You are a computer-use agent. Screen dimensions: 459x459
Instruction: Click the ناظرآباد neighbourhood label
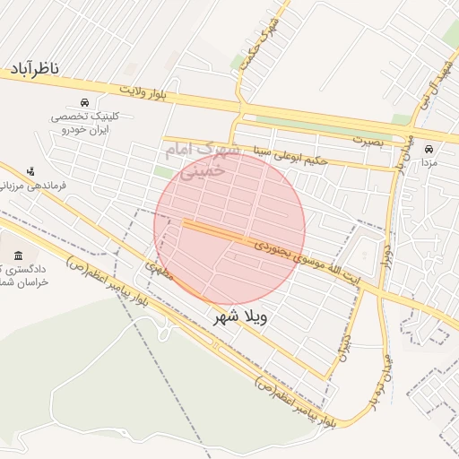[35, 69]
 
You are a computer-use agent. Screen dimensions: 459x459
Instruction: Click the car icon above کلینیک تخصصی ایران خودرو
[84, 102]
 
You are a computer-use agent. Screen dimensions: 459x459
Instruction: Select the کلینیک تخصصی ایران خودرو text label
[84, 124]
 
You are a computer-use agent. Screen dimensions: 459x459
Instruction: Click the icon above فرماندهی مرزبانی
[31, 170]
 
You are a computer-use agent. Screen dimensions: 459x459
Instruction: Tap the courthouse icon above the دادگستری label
[19, 258]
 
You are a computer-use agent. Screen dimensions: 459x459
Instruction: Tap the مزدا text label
[429, 163]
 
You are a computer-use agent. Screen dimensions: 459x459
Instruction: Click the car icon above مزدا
[429, 149]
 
